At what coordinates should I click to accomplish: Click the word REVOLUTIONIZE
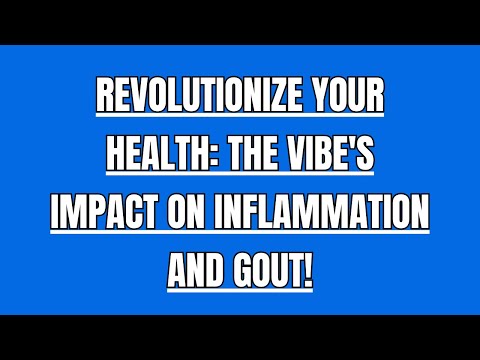[195, 100]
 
